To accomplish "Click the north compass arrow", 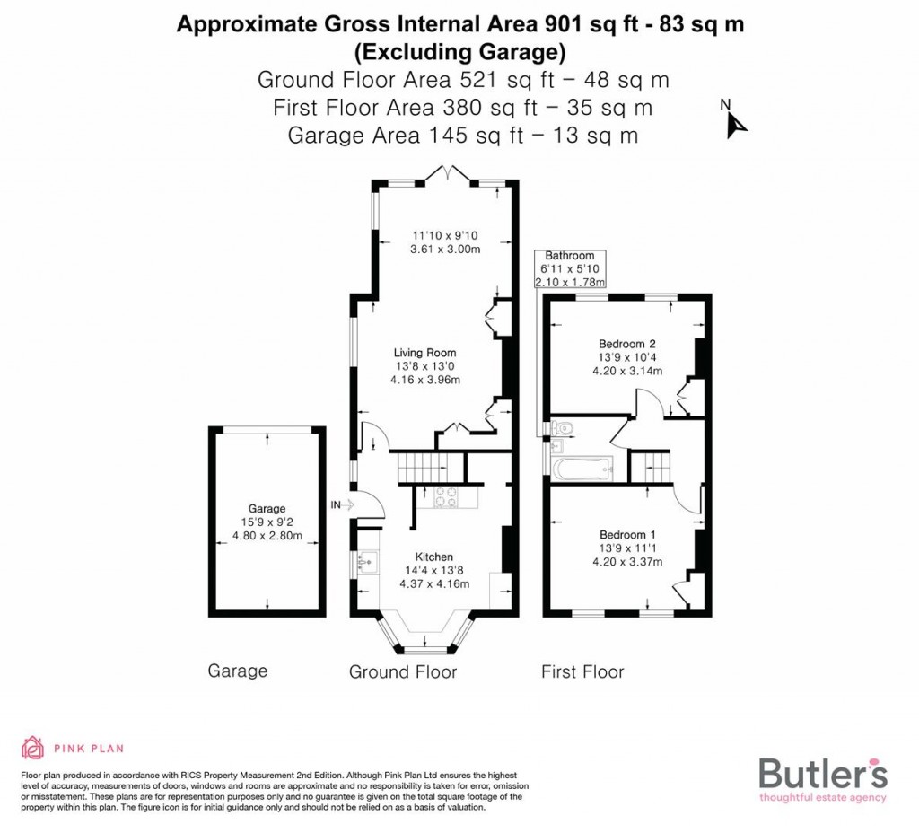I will point(737,123).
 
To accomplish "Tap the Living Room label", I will point(424,353).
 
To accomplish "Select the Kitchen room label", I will point(433,557).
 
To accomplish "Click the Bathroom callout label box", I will point(570,268).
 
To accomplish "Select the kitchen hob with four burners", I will point(447,496).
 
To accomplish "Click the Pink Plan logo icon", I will point(32,748).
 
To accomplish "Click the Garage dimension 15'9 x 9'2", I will point(267,522).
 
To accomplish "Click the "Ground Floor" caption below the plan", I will point(403,671).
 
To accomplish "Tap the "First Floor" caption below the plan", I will point(582,671).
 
